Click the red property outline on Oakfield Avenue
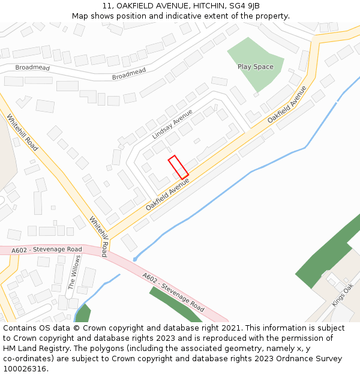pyautogui.click(x=178, y=167)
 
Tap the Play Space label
pyautogui.click(x=255, y=67)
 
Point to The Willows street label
pyautogui.click(x=74, y=272)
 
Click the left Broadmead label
pyautogui.click(x=32, y=68)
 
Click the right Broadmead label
pyautogui.click(x=129, y=74)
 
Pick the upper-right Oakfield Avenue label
pyautogui.click(x=287, y=105)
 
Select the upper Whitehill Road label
pyautogui.click(x=23, y=132)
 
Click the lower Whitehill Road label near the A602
pyautogui.click(x=100, y=236)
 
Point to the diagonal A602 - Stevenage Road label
pyautogui.click(x=173, y=292)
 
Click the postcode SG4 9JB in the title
pyautogui.click(x=246, y=6)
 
